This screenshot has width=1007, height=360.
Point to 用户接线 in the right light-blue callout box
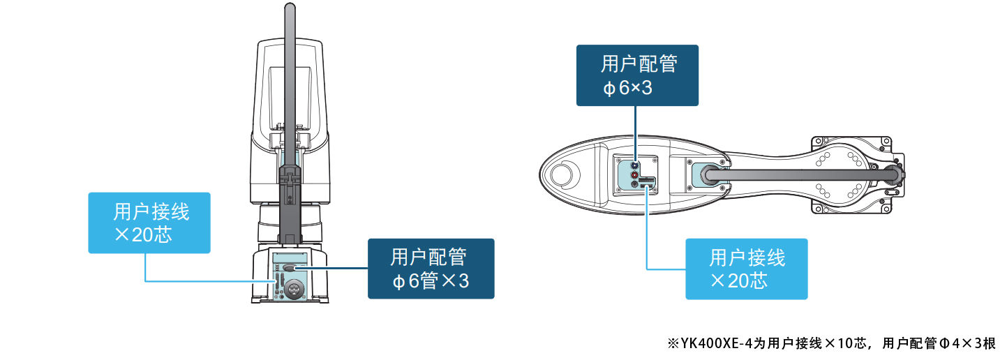[747, 257]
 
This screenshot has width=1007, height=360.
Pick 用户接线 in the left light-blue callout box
[151, 211]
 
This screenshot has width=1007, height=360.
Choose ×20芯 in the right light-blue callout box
[739, 281]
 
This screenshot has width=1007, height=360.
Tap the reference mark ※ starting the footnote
[673, 343]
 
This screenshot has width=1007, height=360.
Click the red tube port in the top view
[634, 175]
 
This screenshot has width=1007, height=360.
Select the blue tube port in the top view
[634, 165]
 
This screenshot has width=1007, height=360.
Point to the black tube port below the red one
[634, 185]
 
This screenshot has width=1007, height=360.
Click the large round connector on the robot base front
[293, 287]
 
